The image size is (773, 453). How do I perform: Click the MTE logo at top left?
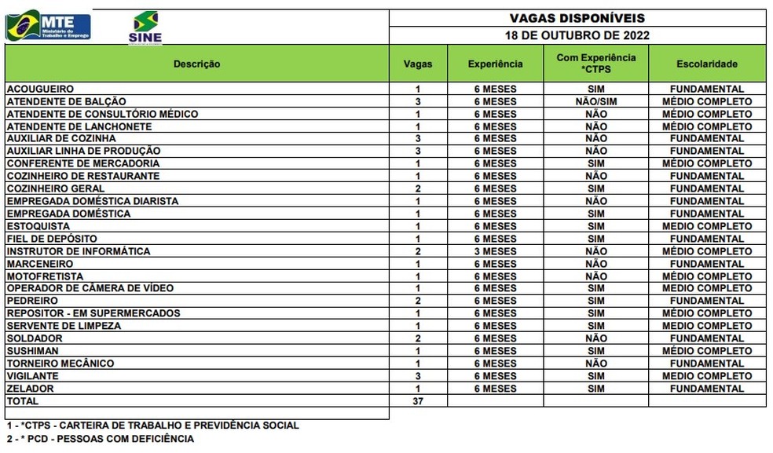(x=49, y=25)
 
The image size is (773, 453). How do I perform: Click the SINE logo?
(x=145, y=27)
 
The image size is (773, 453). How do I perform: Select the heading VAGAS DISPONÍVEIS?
(x=577, y=17)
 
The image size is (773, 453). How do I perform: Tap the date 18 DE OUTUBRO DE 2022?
(x=577, y=35)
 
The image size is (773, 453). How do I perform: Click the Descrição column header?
(x=196, y=64)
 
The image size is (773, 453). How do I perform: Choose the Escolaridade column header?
(x=706, y=64)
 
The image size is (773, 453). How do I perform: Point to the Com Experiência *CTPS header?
(x=595, y=64)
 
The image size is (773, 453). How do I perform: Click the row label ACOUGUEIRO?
(x=40, y=89)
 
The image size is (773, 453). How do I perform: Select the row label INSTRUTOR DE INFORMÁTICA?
(x=79, y=251)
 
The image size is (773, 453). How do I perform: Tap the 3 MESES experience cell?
(x=495, y=251)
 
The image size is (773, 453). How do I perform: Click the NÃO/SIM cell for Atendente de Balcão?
(x=595, y=101)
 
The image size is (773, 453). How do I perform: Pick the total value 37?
(x=418, y=401)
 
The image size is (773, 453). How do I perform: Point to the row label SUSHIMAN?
(x=33, y=351)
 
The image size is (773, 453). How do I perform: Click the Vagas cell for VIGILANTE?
(x=418, y=376)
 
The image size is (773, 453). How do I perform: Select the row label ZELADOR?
(x=31, y=389)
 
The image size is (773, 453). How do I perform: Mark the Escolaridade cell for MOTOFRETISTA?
(x=706, y=276)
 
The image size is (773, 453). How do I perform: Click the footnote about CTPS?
(x=152, y=426)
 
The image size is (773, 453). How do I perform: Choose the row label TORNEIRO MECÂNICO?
(x=60, y=363)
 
